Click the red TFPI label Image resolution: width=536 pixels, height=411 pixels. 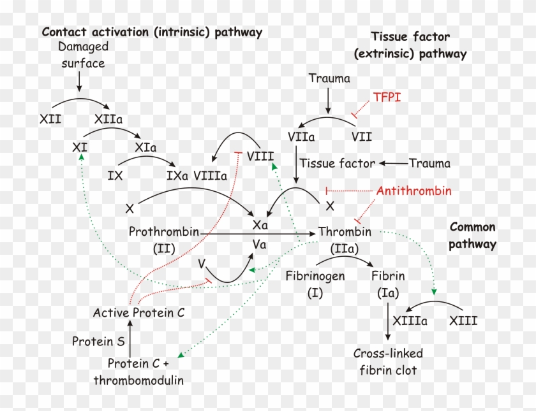[x=387, y=97]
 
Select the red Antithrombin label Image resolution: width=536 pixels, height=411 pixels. [x=413, y=191]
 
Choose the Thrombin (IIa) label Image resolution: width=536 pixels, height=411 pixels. [x=345, y=239]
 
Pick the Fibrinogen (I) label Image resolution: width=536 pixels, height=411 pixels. [x=315, y=284]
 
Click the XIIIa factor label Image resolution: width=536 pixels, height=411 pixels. [x=410, y=321]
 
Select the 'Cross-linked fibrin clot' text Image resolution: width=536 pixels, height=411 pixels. [x=388, y=361]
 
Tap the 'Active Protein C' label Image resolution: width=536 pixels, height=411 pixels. [x=138, y=312]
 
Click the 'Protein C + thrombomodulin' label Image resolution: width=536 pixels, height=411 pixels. [x=138, y=372]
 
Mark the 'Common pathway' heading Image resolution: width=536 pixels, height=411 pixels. [x=472, y=235]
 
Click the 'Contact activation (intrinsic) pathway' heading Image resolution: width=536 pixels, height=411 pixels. [x=152, y=32]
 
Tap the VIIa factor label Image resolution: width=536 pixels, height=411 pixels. [x=301, y=136]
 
